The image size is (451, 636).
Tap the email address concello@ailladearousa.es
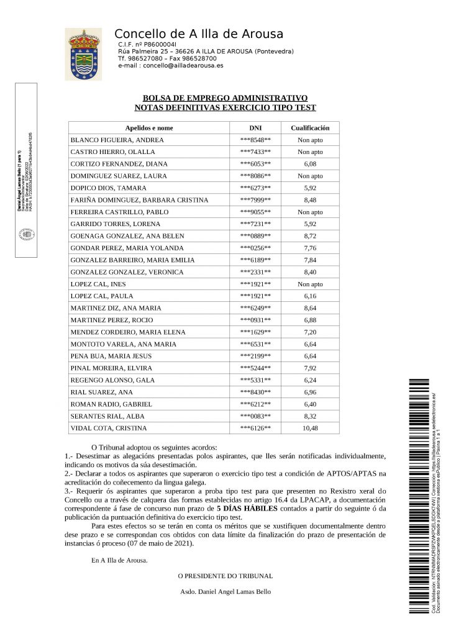[x=180, y=65]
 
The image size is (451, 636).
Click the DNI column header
[x=255, y=128]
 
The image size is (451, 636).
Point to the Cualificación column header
[x=310, y=128]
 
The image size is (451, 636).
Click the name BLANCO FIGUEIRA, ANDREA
[x=117, y=140]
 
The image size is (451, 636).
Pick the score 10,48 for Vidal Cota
[x=310, y=429]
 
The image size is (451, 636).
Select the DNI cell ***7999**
[x=255, y=200]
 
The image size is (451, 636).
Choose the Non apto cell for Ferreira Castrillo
[x=310, y=212]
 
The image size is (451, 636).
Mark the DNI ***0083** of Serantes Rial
[x=255, y=417]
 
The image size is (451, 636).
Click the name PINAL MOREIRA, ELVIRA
[x=112, y=368]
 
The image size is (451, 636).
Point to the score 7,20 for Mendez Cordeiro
[x=310, y=332]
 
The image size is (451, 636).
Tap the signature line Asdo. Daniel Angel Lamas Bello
[x=224, y=592]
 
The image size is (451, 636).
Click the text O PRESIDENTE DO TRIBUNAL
[x=225, y=575]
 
